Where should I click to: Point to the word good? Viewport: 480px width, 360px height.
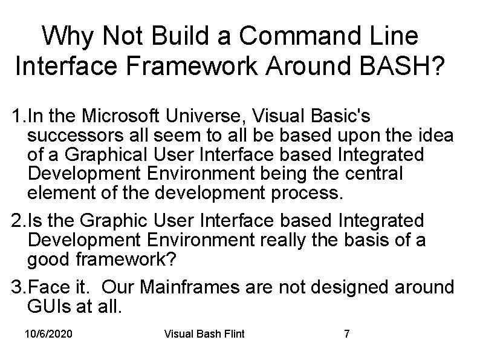click(x=47, y=260)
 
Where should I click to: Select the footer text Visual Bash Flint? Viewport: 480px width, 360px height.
click(x=204, y=334)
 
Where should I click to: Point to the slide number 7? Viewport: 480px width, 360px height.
click(x=346, y=334)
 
